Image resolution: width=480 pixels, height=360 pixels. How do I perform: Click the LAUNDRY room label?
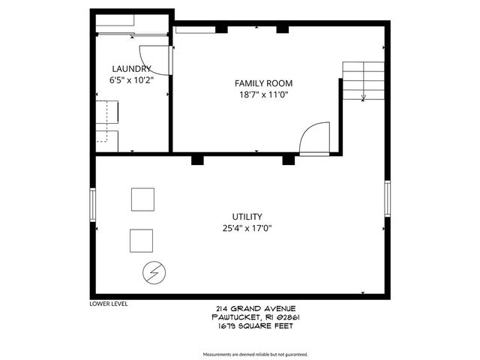(126, 68)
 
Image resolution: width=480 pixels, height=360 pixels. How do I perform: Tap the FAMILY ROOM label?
(263, 83)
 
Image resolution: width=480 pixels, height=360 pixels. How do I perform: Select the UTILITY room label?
(247, 217)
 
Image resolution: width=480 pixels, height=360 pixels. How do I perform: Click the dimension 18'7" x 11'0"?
(263, 94)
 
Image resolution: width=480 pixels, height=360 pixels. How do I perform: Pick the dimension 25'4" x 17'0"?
(247, 228)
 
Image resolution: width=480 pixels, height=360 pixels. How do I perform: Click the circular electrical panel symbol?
(153, 273)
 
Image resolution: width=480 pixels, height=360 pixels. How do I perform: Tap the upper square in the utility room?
(142, 199)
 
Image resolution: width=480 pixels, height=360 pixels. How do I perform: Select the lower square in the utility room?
(141, 241)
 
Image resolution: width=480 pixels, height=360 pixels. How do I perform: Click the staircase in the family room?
(364, 79)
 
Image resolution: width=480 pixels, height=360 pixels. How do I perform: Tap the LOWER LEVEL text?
(108, 304)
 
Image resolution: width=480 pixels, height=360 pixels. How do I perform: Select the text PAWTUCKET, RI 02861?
(256, 316)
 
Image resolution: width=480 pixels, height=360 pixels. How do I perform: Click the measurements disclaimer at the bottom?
(256, 354)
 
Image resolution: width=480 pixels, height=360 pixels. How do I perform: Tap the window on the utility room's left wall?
(93, 202)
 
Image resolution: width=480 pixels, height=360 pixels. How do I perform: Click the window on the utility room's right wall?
(388, 198)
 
